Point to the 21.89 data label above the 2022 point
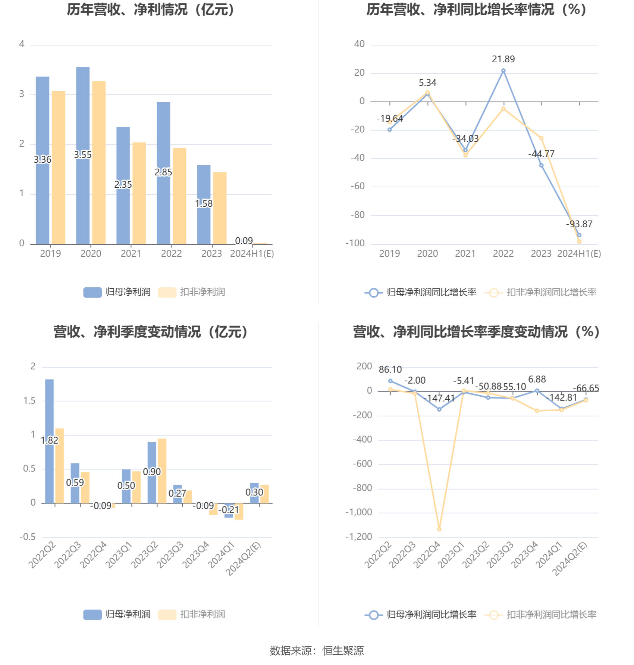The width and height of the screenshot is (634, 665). pyautogui.click(x=503, y=59)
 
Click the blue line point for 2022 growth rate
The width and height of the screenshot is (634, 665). pyautogui.click(x=503, y=71)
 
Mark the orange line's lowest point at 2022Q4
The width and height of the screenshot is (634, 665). pyautogui.click(x=439, y=529)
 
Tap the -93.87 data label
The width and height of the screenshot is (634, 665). pyautogui.click(x=579, y=224)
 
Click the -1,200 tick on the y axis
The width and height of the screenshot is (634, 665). pyautogui.click(x=359, y=537)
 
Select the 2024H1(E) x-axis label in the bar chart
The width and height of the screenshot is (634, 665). pyautogui.click(x=252, y=254)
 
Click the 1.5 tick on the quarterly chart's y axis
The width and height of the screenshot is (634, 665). pyautogui.click(x=29, y=401)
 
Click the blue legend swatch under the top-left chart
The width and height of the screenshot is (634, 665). pyautogui.click(x=92, y=292)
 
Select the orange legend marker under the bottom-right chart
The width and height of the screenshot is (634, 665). pyautogui.click(x=494, y=615)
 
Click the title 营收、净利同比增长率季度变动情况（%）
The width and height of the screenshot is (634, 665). pyautogui.click(x=476, y=332)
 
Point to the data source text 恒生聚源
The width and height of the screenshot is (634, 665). pyautogui.click(x=343, y=651)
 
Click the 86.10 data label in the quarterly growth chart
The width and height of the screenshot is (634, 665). pyautogui.click(x=390, y=370)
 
